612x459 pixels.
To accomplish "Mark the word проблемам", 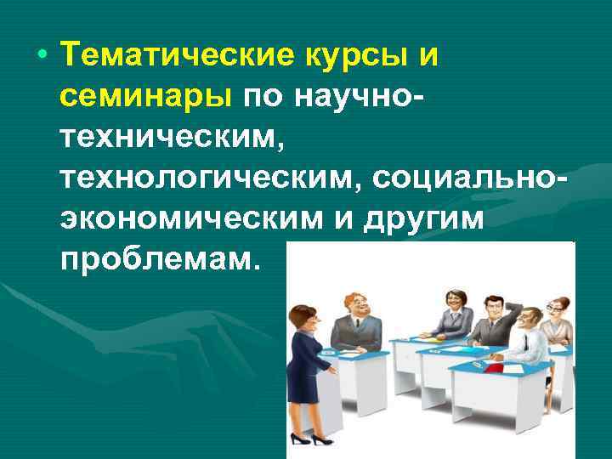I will tap(157, 258).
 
